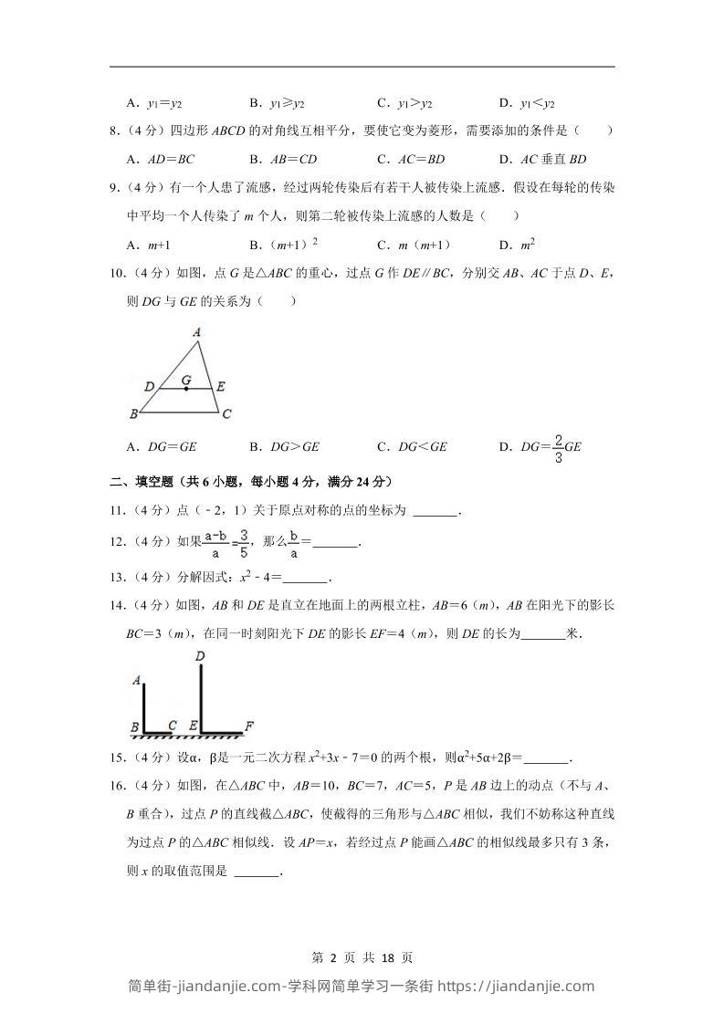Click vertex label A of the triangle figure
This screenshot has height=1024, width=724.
click(x=196, y=333)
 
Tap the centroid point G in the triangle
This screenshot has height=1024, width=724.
click(x=186, y=389)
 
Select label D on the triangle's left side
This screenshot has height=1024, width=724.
click(x=149, y=386)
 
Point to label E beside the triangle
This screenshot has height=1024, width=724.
click(x=221, y=386)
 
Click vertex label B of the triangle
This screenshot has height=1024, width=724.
click(x=133, y=414)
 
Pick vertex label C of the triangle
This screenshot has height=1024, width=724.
click(x=226, y=414)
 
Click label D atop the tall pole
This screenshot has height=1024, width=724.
click(x=199, y=655)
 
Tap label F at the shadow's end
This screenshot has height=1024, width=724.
click(x=248, y=726)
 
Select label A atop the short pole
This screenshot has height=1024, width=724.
click(x=136, y=680)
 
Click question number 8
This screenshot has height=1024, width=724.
click(x=113, y=131)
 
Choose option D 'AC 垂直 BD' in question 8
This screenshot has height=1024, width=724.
click(x=542, y=160)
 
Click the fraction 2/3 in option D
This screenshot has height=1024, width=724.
click(x=558, y=447)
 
